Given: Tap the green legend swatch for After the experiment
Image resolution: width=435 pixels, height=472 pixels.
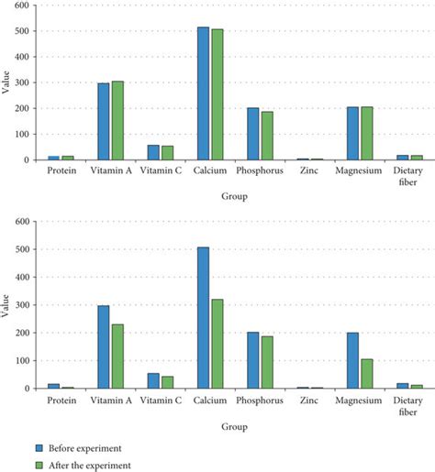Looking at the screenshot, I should [39, 465].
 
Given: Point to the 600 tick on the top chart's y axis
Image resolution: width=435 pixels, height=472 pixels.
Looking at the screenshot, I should [29, 5].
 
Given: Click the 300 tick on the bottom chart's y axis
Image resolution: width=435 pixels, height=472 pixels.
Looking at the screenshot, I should [29, 305].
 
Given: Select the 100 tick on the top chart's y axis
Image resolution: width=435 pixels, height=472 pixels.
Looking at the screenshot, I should [29, 134].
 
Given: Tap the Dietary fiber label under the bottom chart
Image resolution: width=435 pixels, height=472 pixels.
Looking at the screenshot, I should [409, 406].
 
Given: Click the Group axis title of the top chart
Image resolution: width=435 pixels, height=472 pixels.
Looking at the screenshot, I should [233, 196].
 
